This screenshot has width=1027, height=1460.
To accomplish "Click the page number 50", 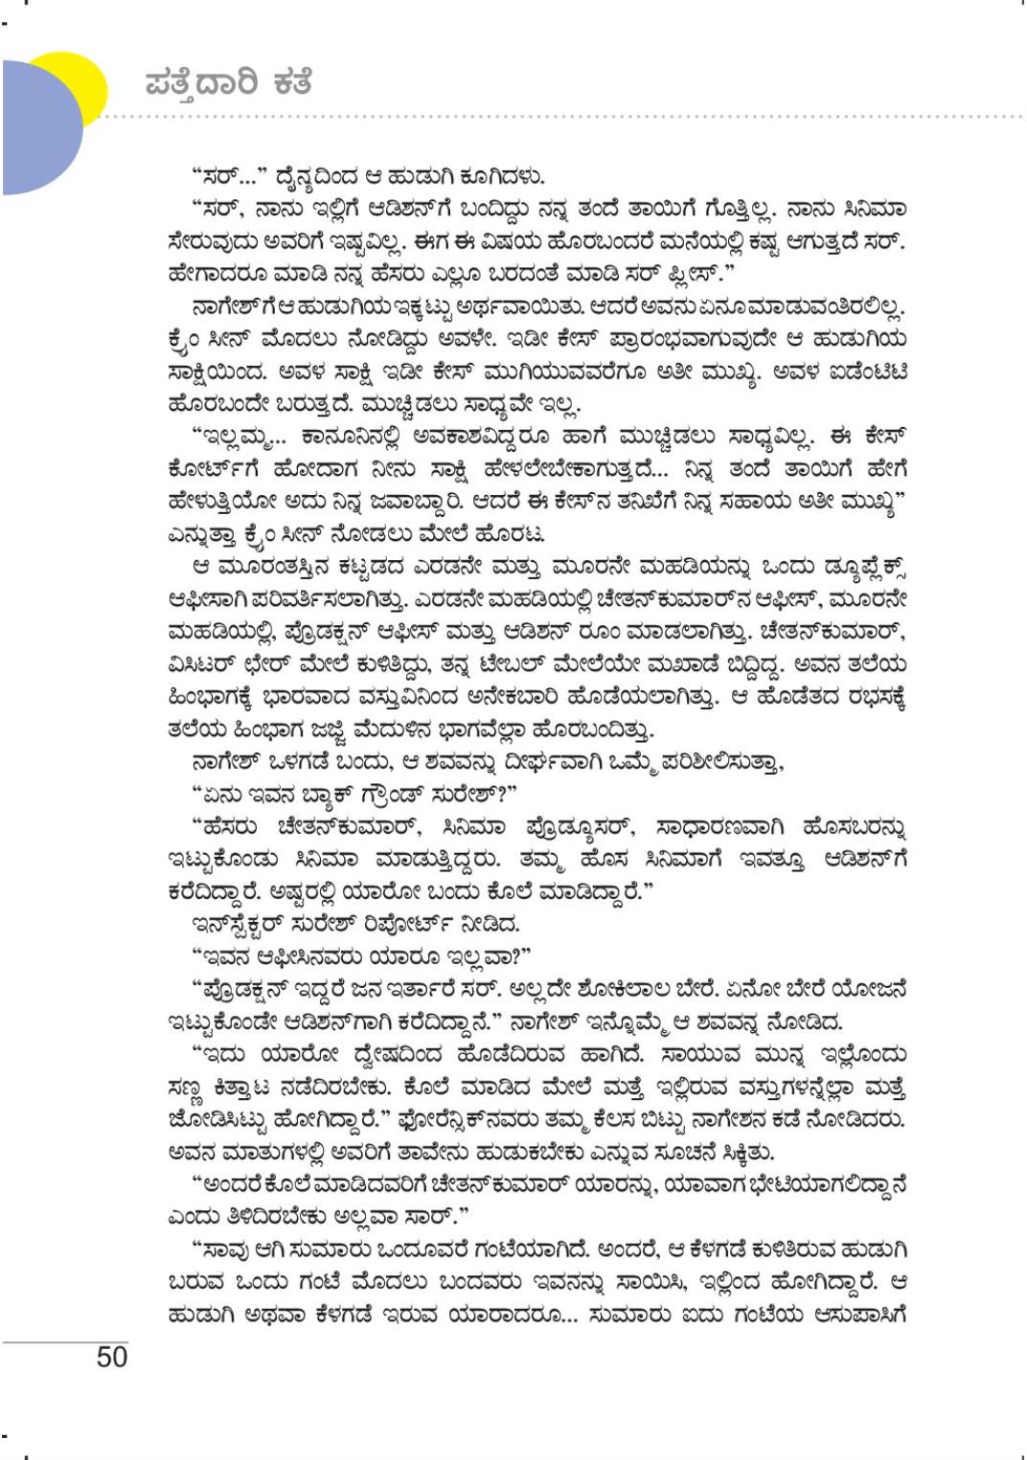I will click(x=112, y=1356).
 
